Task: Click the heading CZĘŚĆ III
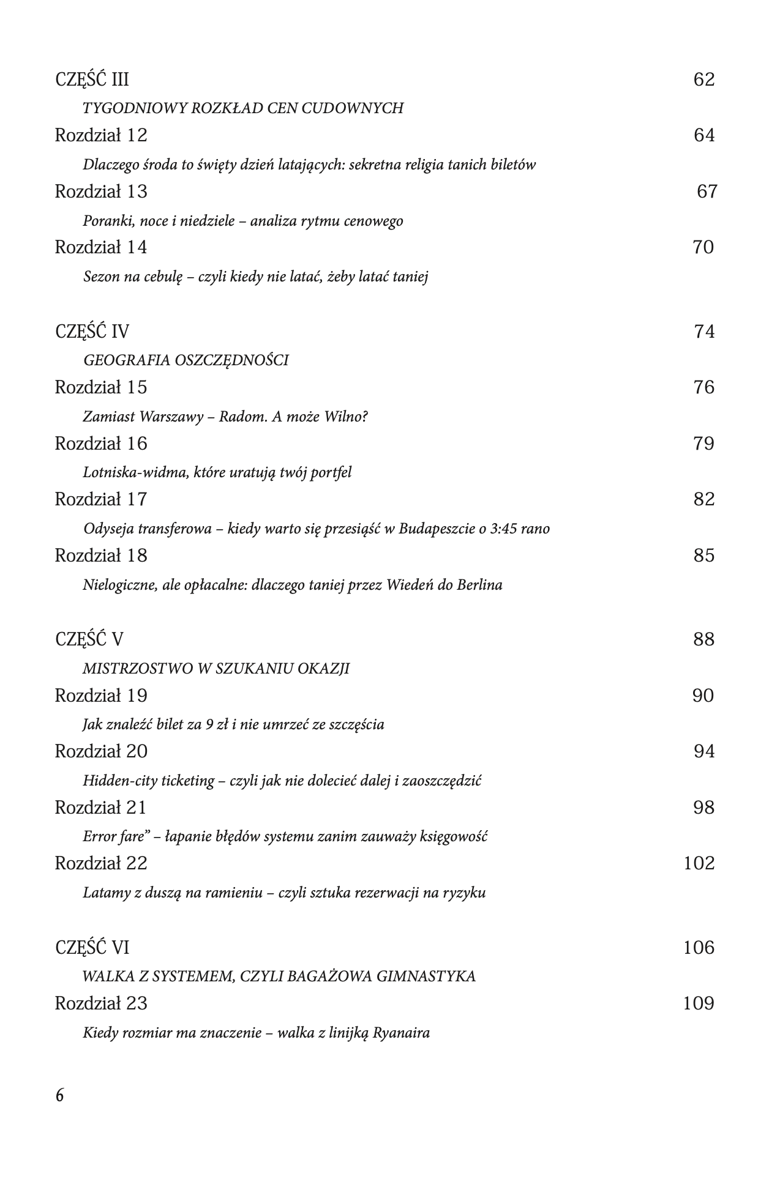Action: (x=92, y=80)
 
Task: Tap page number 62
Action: (x=704, y=80)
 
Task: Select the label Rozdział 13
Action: (x=101, y=191)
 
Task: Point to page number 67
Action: (x=707, y=191)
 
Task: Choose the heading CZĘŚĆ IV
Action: (x=92, y=332)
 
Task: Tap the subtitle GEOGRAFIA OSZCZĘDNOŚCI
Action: (x=186, y=360)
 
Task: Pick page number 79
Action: (x=704, y=444)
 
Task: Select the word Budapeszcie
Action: (x=435, y=529)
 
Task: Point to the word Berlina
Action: (x=479, y=585)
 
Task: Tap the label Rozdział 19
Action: (x=101, y=696)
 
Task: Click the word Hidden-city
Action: (x=119, y=781)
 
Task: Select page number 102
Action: (x=699, y=863)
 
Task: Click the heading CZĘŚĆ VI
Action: (x=92, y=948)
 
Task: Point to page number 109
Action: (x=699, y=1004)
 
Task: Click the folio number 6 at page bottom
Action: (x=59, y=1096)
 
